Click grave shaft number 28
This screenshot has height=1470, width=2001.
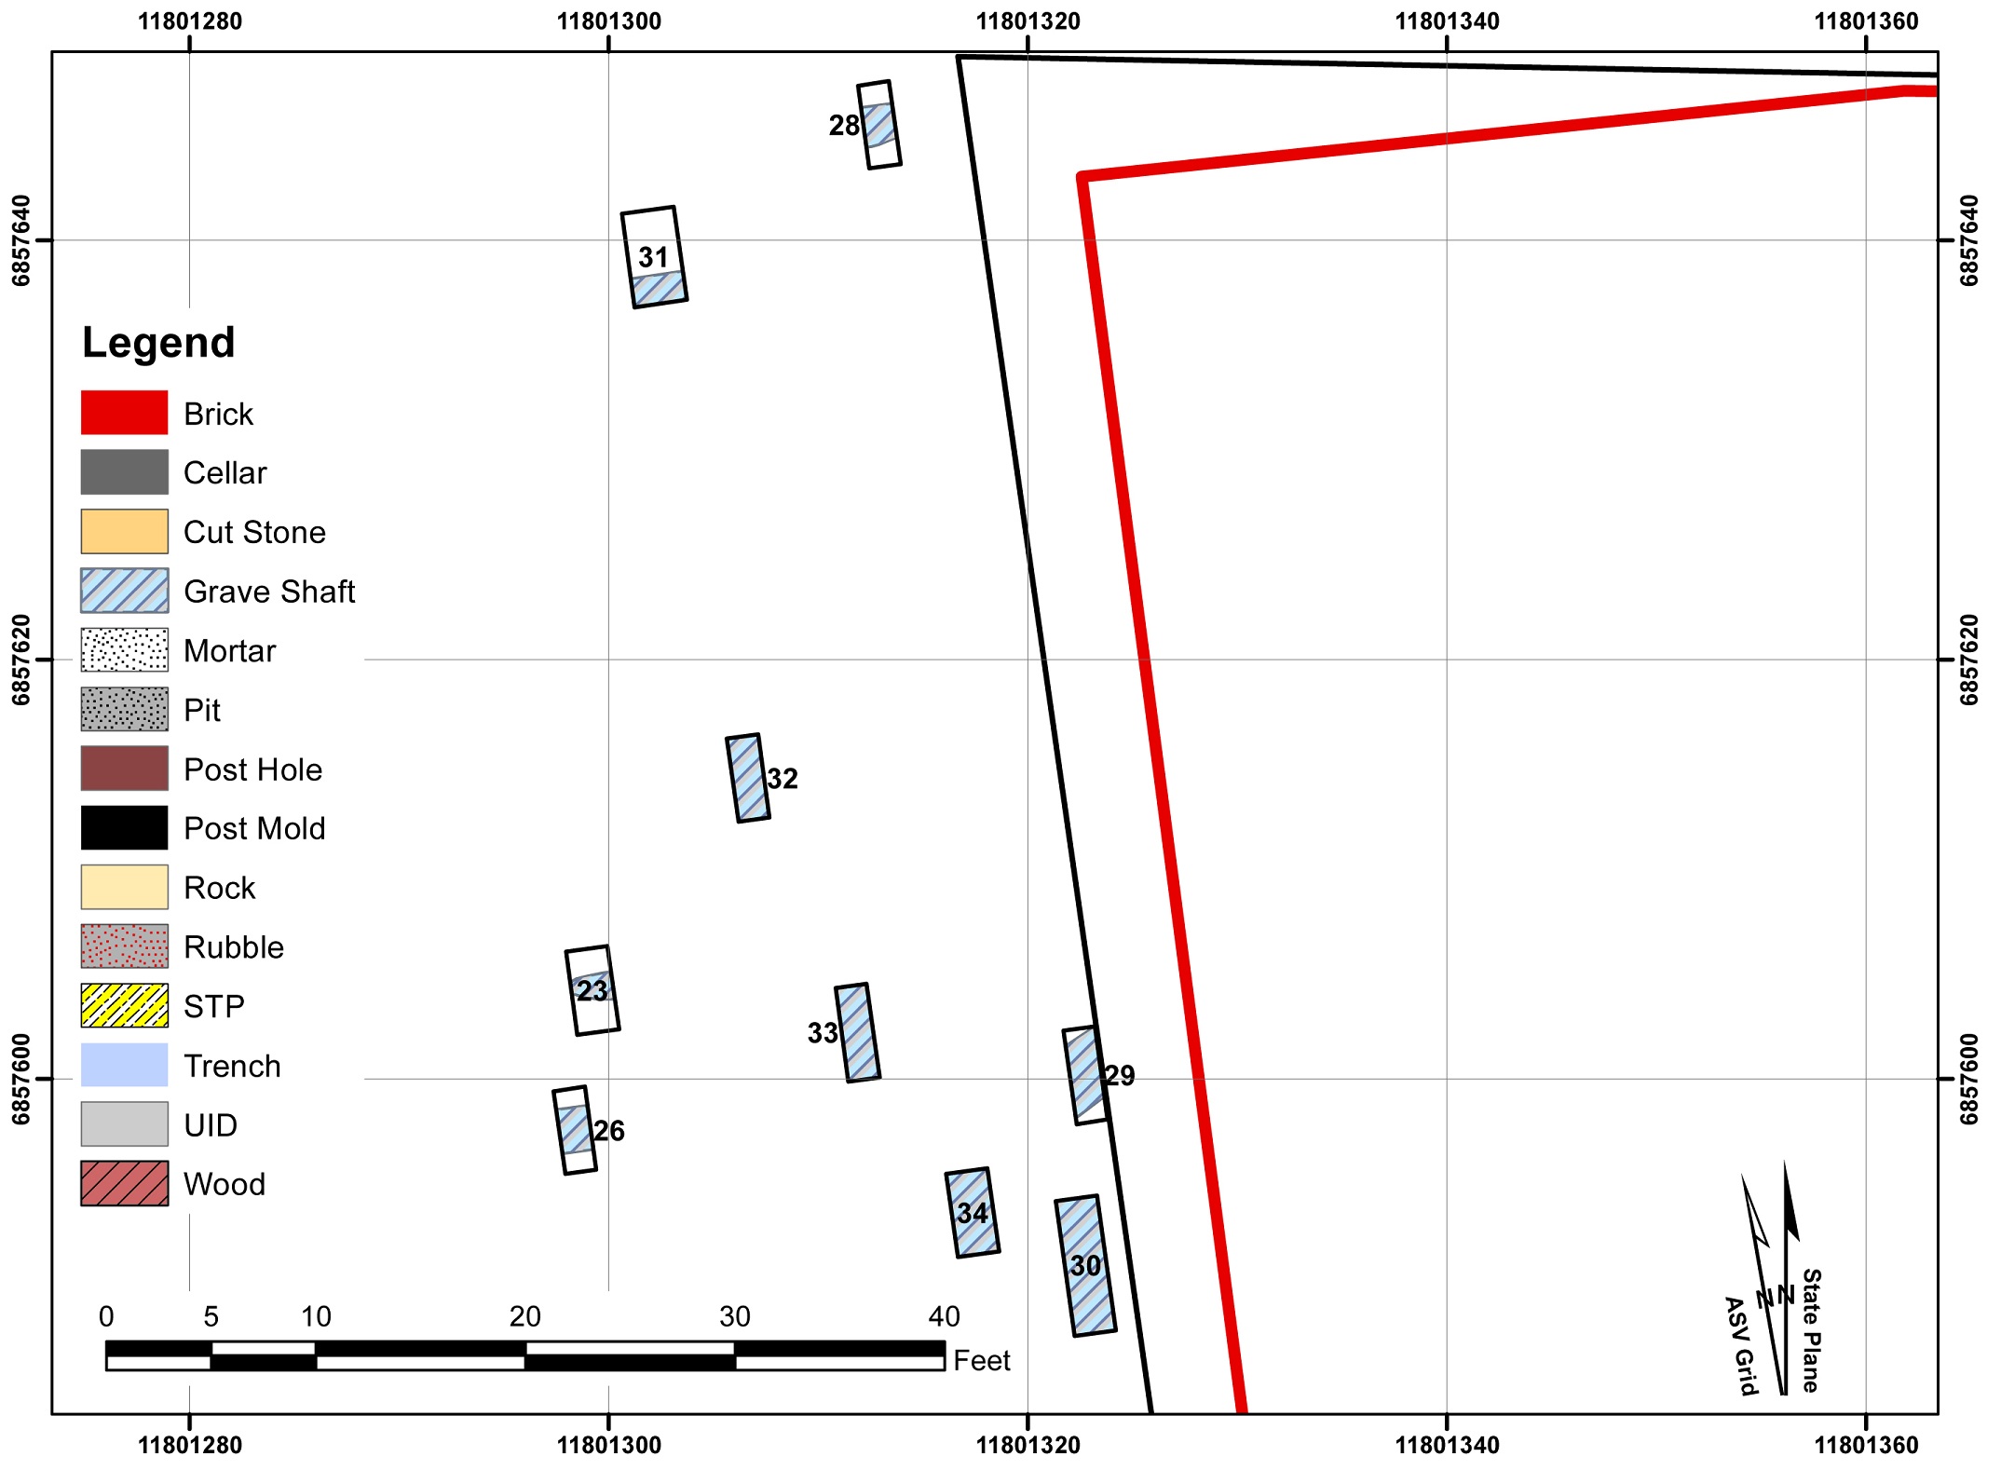(878, 124)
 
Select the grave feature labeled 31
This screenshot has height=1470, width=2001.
(654, 257)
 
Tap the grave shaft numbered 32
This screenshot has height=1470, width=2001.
(748, 778)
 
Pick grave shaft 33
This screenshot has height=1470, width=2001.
(857, 1032)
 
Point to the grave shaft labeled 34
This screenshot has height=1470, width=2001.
(972, 1212)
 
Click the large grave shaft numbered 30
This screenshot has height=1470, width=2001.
(1085, 1265)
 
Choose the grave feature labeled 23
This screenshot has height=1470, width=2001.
(592, 990)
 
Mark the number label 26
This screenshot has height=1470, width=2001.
(609, 1131)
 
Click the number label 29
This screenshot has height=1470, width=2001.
(1120, 1076)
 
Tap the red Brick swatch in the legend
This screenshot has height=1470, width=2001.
(124, 413)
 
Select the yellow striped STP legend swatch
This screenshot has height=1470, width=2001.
(124, 1006)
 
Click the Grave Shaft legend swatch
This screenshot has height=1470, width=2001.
(124, 591)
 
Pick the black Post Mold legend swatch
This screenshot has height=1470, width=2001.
(124, 828)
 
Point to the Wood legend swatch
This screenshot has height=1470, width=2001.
(124, 1184)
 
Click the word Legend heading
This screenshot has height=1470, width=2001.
(158, 343)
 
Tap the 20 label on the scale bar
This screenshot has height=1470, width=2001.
(524, 1316)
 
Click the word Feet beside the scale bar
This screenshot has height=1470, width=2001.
(982, 1361)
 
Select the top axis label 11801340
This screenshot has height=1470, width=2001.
(1447, 20)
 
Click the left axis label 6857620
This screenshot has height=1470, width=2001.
(20, 660)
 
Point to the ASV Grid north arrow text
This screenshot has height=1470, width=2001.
(1740, 1346)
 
